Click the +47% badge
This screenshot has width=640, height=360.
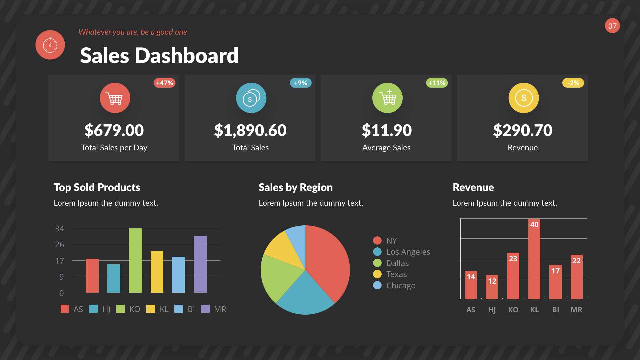[x=164, y=83]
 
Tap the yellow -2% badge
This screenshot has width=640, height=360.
[x=573, y=83]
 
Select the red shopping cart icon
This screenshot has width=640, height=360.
[x=115, y=98]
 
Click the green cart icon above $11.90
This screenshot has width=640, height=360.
[x=387, y=98]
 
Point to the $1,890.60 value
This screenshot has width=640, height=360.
[x=250, y=130]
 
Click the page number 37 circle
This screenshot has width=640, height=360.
[x=612, y=26]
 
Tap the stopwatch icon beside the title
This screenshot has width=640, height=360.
[x=50, y=45]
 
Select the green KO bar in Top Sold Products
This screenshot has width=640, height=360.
[x=135, y=261]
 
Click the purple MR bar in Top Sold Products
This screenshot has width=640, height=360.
[x=200, y=264]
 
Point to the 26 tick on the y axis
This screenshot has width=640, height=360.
[x=59, y=245]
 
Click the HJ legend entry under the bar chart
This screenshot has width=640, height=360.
[x=100, y=309]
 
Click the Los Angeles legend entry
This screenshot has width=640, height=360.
[x=402, y=252]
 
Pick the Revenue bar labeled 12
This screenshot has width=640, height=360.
[x=492, y=287]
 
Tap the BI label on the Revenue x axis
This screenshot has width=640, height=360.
[x=555, y=310]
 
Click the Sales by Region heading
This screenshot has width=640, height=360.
[x=295, y=187]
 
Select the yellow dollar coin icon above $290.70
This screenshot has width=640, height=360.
[x=523, y=98]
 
